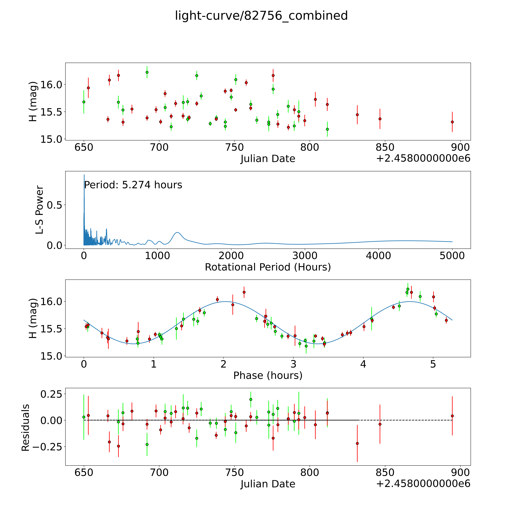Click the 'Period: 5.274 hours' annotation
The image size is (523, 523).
coord(133,185)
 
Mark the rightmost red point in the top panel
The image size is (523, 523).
coord(452,122)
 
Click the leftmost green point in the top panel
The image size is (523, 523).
coord(84,102)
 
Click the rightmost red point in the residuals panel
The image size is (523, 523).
coord(452,416)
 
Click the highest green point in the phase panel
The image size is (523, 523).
coord(408,289)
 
